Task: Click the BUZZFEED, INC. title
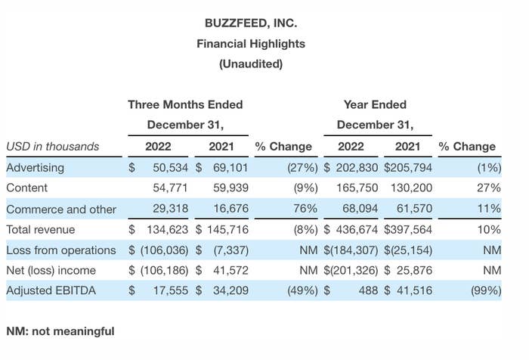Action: [x=251, y=23]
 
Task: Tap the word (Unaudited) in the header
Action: [x=251, y=64]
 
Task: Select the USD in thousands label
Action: [x=53, y=146]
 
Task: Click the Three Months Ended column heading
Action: [x=185, y=104]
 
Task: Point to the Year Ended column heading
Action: [x=375, y=104]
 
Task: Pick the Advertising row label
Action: [x=35, y=167]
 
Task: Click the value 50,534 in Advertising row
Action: [x=170, y=167]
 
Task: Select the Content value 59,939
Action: [x=230, y=188]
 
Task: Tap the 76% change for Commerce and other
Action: [x=305, y=209]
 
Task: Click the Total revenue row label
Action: [x=41, y=230]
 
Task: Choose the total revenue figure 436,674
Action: [x=357, y=230]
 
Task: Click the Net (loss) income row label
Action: [x=51, y=270]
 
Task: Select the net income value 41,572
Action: [x=230, y=270]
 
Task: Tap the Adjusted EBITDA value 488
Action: [x=369, y=290]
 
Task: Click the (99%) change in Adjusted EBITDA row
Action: [x=486, y=290]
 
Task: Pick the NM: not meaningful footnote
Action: [x=60, y=331]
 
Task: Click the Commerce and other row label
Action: [x=61, y=209]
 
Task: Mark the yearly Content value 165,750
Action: [x=357, y=188]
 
